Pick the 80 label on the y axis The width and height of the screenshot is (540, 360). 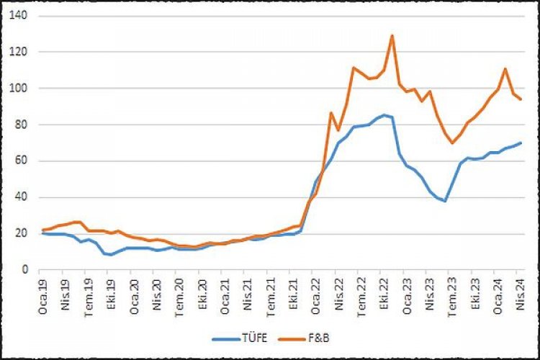click(22, 125)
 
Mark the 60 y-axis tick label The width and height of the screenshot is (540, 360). click(22, 161)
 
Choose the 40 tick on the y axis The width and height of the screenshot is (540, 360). click(22, 197)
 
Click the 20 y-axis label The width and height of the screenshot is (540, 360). click(22, 233)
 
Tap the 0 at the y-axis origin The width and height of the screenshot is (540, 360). click(24, 270)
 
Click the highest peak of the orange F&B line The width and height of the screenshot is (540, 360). click(392, 35)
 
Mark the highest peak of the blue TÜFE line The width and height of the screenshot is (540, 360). click(384, 114)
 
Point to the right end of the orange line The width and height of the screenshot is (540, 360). click(521, 99)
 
